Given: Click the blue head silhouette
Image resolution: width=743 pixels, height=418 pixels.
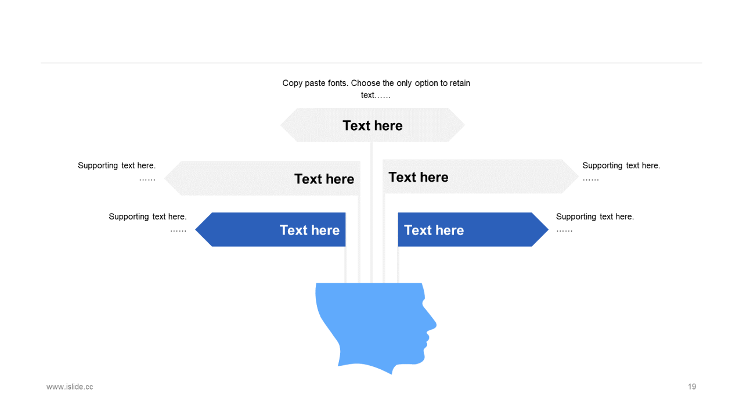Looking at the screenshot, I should coord(371,325).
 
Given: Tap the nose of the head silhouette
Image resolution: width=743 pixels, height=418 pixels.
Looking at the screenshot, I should coord(434,325).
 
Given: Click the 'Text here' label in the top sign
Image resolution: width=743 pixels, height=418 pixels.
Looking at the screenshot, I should coord(372,125).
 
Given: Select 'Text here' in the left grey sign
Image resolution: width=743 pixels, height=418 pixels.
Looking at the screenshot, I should coord(324,179).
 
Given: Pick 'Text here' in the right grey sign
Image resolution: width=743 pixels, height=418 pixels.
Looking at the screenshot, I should coord(418,177).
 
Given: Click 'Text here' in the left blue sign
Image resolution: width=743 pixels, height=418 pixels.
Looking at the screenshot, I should coord(309,230).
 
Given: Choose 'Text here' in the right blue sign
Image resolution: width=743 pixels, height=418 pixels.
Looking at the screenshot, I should coord(434,230).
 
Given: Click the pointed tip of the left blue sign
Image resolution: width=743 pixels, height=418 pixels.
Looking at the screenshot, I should coord(197,230).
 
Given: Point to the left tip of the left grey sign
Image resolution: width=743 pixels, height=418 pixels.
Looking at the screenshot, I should coord(166,178).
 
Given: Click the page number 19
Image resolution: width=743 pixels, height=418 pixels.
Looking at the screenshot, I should coord(692,387).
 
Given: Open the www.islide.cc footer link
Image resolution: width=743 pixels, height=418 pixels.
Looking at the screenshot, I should coord(70,387).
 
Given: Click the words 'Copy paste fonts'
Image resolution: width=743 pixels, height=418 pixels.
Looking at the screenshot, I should coord(314,83).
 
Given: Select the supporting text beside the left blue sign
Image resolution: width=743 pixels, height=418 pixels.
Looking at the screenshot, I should coord(147,217).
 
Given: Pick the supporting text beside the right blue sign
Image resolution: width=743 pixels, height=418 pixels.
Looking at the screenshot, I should coord(594,217).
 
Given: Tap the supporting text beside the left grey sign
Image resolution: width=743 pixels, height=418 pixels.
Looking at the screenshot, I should coord(117,165).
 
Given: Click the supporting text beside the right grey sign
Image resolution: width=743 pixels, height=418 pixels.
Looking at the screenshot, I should coord(621,165).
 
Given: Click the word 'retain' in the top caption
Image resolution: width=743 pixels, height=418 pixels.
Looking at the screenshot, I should coord(459,83).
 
